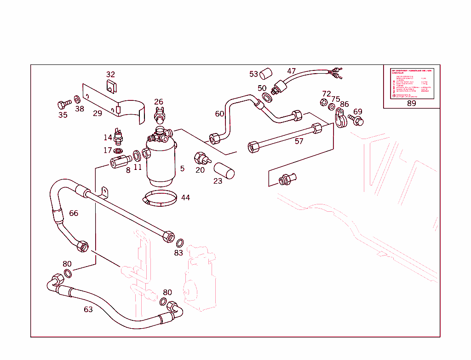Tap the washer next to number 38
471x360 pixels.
coord(77,99)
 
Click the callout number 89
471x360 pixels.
coord(411,103)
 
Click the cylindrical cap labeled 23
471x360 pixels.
coord(224,170)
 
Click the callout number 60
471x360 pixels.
coord(219,114)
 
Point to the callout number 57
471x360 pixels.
coord(299,141)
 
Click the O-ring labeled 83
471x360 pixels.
coord(181,243)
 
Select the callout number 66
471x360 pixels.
coord(74,213)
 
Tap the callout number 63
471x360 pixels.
coord(88,309)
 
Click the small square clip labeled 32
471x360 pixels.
coord(111,86)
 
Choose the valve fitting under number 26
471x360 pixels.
coord(160,113)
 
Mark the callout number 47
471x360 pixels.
coord(291,71)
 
